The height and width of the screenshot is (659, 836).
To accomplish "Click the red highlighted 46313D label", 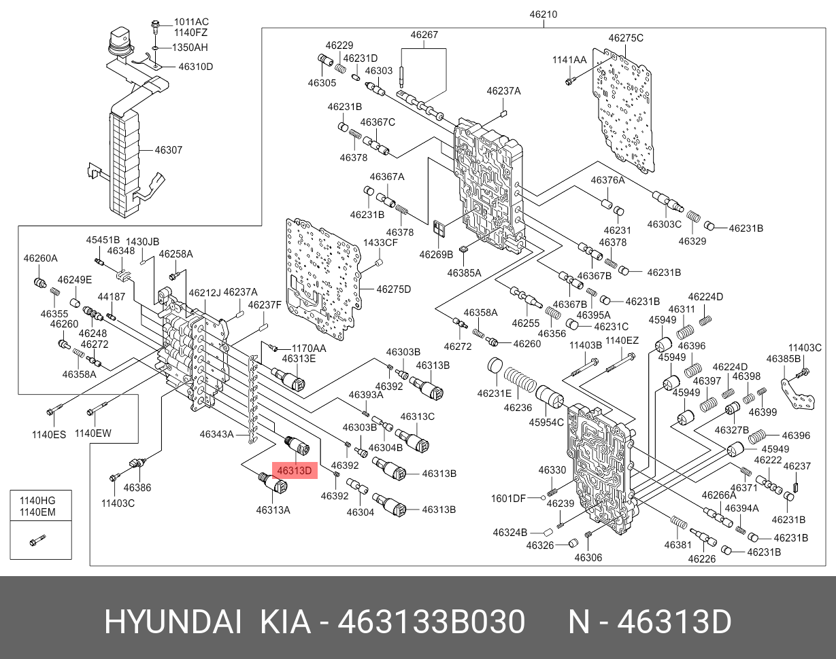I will tap(295, 470).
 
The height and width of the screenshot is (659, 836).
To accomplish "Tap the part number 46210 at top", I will tap(544, 14).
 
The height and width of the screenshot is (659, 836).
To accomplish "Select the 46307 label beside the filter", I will tap(168, 150).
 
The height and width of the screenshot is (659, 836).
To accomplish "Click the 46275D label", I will tap(394, 289).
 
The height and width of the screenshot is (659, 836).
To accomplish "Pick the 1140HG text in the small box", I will tap(38, 499).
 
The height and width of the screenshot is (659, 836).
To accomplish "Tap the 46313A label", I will tap(273, 510).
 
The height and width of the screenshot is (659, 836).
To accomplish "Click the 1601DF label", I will tap(508, 498).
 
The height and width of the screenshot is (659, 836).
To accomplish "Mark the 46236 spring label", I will tap(518, 408).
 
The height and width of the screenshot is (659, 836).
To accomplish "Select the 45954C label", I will tap(547, 422).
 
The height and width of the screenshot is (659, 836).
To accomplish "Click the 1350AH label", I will tap(189, 48).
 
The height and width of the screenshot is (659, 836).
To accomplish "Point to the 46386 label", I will tap(137, 487).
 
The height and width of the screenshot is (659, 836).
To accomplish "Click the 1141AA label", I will tap(569, 60).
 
